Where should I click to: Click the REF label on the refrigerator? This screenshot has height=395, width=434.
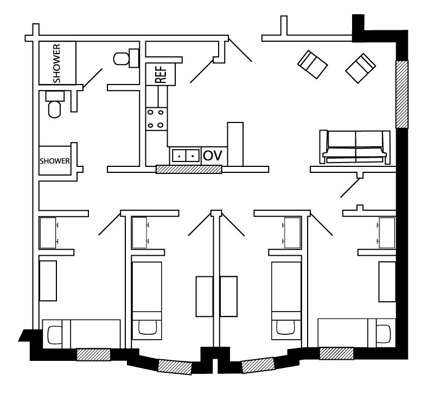[161, 74]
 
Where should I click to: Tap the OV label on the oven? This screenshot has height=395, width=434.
[213, 156]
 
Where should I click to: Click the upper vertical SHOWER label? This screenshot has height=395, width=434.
[56, 63]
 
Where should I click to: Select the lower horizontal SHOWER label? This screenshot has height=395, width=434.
[55, 161]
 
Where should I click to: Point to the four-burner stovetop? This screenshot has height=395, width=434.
[157, 119]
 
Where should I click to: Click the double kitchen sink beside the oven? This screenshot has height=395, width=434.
[186, 156]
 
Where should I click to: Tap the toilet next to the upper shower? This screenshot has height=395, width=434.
[126, 58]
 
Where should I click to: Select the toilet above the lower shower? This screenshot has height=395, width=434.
[55, 104]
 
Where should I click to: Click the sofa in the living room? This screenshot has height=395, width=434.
[355, 147]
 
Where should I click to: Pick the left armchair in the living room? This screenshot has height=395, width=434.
[312, 64]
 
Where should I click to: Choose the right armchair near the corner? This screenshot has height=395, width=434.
[360, 68]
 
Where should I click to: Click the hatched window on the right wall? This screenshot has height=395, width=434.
[402, 94]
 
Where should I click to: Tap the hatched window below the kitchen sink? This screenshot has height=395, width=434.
[189, 169]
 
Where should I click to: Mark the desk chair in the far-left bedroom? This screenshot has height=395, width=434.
[55, 335]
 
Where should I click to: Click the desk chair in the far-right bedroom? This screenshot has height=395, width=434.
[383, 334]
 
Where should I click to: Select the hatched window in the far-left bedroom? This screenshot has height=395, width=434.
[93, 355]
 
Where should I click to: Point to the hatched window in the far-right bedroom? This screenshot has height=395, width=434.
[336, 353]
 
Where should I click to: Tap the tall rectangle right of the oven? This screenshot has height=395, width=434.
[235, 144]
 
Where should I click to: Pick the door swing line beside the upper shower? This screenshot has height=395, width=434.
[93, 79]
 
